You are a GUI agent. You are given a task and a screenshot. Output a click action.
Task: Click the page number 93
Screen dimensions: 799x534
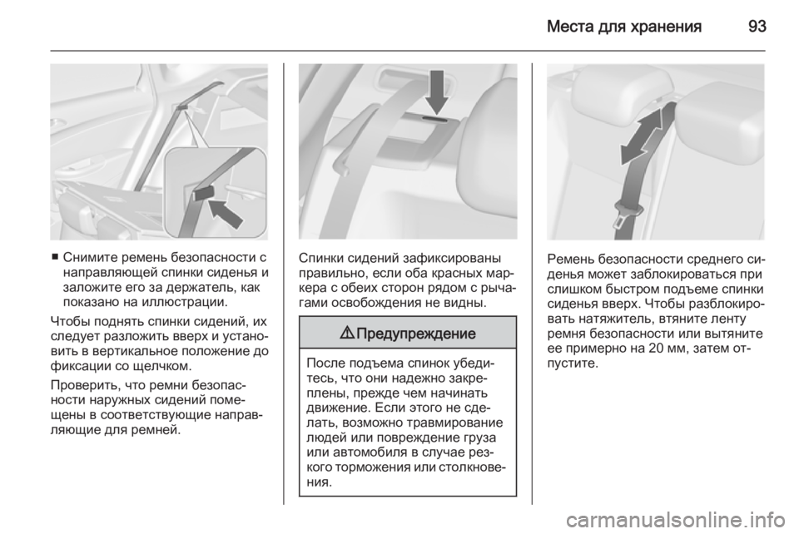coord(757,26)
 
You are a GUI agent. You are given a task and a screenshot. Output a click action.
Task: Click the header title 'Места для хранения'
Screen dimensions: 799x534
coord(624,27)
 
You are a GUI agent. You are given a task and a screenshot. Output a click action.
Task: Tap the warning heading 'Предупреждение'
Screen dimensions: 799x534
coord(416,334)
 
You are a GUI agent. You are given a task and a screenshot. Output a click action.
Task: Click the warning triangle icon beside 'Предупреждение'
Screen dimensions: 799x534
coord(348,334)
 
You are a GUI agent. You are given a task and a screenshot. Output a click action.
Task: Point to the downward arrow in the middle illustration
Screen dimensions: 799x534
coord(437,91)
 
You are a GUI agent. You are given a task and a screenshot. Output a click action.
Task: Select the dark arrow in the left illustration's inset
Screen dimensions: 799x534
coord(226,214)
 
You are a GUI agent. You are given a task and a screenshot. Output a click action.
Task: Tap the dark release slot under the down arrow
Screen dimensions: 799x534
coord(437,119)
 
